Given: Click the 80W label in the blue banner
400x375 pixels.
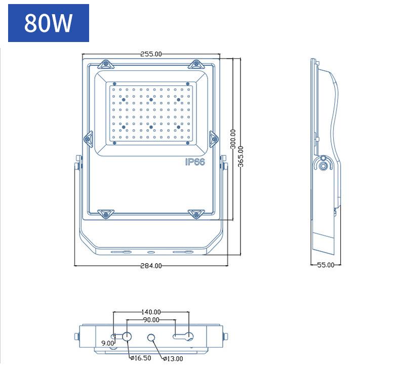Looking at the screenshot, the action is point(48,23).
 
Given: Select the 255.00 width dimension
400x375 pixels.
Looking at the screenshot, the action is point(151,54).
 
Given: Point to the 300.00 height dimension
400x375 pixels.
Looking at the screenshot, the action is point(233,139).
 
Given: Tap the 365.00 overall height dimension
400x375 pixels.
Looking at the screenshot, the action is point(241,156).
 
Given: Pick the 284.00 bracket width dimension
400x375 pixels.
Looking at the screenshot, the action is point(151,266).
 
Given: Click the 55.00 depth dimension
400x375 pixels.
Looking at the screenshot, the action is point(326,265).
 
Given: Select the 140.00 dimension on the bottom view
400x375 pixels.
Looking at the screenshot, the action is point(151,312).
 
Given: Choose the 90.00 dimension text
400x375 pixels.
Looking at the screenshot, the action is point(151,320).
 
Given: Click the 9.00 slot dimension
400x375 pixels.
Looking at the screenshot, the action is point(108,343).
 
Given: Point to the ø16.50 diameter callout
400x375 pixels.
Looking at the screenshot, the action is point(141,358).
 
